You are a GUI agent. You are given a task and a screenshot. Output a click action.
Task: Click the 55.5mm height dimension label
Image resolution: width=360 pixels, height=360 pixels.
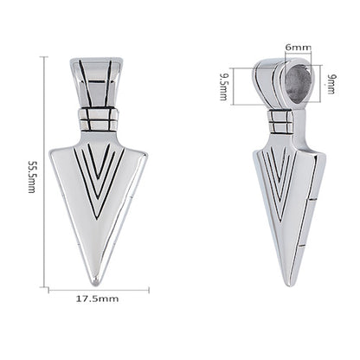31,177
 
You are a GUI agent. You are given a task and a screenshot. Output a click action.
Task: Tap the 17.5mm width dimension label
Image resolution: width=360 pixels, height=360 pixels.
97,299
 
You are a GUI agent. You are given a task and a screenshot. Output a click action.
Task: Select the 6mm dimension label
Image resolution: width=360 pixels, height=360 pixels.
299,48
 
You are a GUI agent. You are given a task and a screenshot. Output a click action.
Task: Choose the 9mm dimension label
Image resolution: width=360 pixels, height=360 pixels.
331,84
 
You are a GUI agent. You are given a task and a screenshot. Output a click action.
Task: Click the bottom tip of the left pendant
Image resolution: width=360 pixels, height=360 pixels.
96,284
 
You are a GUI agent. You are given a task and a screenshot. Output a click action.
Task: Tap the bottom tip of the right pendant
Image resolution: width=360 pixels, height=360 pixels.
288,284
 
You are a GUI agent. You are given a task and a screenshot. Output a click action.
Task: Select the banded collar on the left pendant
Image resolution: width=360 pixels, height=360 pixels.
99,119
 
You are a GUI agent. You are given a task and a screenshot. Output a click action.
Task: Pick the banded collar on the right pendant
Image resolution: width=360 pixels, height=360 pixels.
280,121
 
